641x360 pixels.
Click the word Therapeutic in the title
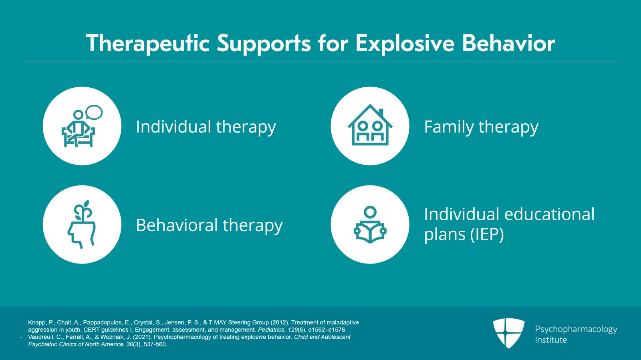(x=147, y=43)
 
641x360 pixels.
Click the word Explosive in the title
(x=405, y=43)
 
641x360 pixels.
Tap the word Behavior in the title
(x=508, y=43)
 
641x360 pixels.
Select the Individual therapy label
(x=206, y=127)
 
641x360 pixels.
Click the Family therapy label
(x=481, y=127)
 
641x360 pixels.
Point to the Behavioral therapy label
(x=209, y=225)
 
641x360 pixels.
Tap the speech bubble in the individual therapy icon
(x=94, y=113)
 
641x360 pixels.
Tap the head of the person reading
(x=370, y=212)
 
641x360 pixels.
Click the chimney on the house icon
(x=381, y=113)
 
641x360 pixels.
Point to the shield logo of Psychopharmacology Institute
(x=508, y=333)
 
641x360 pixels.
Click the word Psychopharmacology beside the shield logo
(x=576, y=329)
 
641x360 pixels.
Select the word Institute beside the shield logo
(x=551, y=340)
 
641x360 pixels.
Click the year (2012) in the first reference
(x=280, y=322)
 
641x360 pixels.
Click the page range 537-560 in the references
(x=155, y=344)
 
